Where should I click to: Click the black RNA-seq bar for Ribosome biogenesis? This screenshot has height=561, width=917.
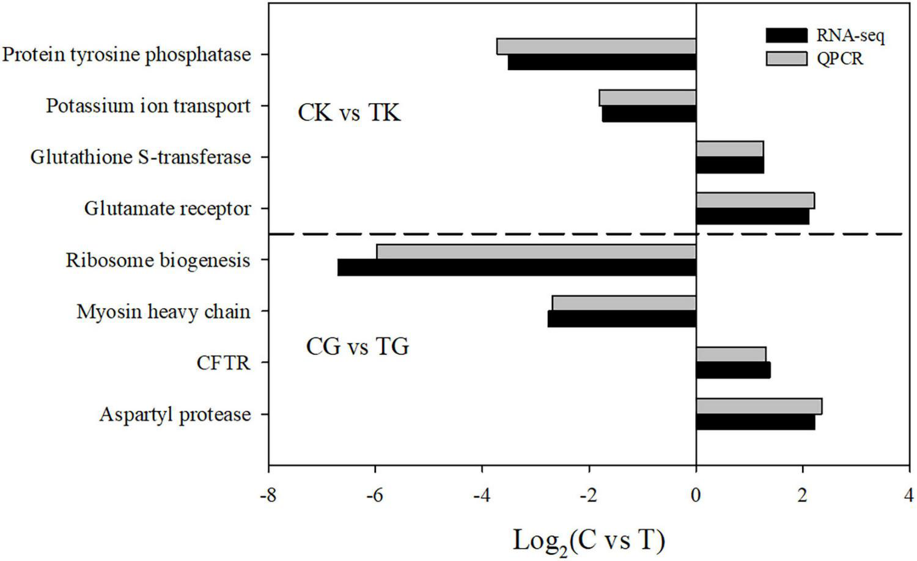point(517,268)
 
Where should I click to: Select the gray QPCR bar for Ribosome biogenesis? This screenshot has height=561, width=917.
point(536,252)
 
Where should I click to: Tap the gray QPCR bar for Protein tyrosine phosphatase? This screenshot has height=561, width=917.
point(596,46)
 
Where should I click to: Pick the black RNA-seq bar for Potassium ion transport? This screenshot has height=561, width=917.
point(649,114)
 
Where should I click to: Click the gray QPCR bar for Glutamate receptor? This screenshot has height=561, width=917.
point(755,200)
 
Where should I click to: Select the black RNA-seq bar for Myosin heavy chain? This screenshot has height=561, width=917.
point(622,319)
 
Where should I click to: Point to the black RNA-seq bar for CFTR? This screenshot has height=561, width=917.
point(733,370)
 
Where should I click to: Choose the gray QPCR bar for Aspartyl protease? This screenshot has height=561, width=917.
point(759,406)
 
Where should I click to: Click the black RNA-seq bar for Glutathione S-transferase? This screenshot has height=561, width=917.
point(730,165)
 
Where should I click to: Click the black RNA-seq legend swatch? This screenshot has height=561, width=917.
point(786,35)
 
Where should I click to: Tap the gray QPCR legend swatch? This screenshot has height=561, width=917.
point(786,58)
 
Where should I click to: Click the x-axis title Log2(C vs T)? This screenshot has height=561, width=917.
point(588,540)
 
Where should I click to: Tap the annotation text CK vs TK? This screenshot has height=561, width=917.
point(349,113)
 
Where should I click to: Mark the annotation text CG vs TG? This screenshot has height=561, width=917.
point(357,347)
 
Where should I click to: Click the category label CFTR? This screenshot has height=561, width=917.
point(223,363)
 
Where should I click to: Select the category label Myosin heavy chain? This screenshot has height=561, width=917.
point(163,312)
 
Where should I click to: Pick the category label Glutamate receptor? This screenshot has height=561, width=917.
point(168,209)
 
